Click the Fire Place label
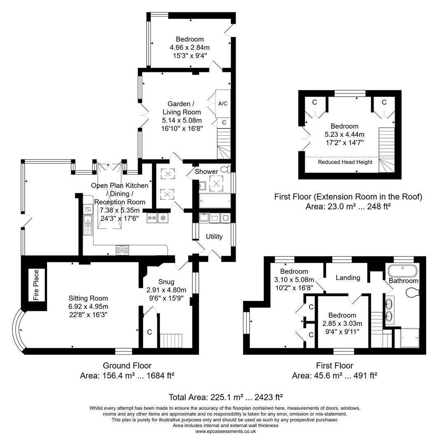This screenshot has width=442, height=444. [36, 285]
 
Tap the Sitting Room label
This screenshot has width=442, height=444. [88, 298]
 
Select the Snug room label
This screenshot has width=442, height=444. [166, 282]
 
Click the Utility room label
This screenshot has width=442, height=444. [214, 236]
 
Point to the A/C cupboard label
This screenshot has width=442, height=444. [223, 104]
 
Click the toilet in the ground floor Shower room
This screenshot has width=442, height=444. [225, 169]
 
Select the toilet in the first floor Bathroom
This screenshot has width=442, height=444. [412, 293]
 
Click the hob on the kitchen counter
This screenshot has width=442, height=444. [122, 249]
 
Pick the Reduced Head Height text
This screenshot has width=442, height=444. [345, 162]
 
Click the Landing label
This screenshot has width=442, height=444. [348, 278]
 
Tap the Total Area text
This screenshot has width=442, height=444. [225, 397]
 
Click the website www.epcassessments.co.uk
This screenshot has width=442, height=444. [225, 431]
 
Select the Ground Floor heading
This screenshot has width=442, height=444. [127, 365]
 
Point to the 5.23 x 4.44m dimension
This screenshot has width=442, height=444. [345, 134]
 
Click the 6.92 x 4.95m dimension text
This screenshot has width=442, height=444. [88, 307]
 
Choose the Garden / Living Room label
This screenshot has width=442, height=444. [182, 108]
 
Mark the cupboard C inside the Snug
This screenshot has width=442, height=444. [150, 332]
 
